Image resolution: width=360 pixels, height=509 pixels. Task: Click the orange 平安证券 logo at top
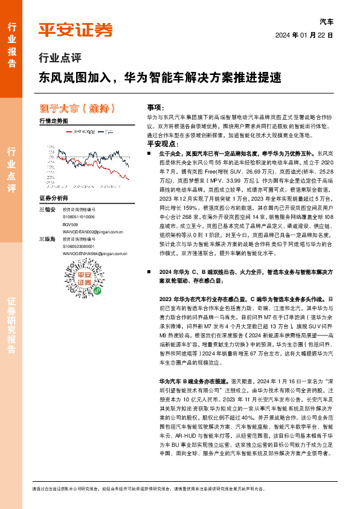76,29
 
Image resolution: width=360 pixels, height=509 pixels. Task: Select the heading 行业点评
59,59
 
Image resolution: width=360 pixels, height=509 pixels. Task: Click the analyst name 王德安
47,209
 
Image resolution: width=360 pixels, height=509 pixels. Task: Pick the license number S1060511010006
83,216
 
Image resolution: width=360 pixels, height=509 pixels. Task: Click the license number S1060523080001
83,246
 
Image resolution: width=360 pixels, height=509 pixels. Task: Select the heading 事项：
155,106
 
